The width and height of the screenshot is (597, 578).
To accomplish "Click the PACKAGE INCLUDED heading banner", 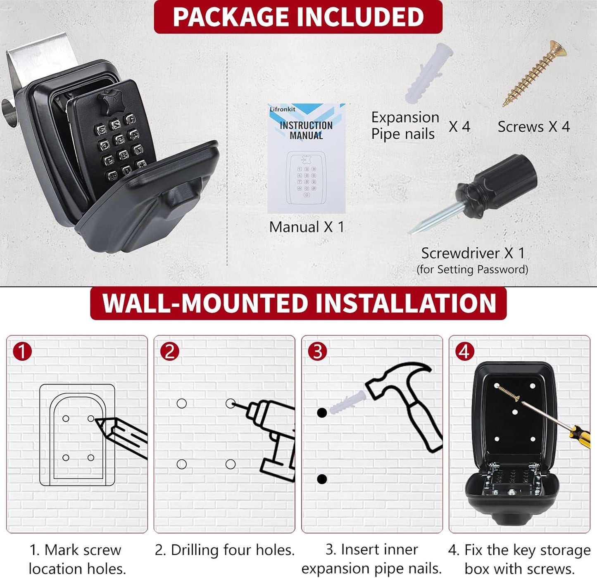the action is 298,17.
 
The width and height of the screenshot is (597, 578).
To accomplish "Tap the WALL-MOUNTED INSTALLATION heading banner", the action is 298,303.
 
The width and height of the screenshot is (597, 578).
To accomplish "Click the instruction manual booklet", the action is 307,158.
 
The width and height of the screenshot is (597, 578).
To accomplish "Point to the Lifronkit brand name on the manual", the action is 283,109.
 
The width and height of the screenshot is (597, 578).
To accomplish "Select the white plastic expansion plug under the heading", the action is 428,73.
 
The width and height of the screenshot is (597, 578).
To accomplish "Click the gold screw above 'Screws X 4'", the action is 534,73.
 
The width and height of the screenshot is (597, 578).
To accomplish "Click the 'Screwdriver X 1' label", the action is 473,253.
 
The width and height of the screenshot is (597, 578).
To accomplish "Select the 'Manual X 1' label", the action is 307,227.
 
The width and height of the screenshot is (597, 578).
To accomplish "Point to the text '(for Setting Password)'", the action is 473,270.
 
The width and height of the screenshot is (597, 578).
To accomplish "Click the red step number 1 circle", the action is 22,351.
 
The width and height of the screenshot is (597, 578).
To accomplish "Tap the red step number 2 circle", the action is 170,351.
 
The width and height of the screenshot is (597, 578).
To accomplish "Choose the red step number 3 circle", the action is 318,351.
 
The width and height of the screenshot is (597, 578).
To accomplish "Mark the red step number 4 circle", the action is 465,351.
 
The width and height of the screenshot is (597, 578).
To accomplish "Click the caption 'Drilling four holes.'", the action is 225,550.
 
